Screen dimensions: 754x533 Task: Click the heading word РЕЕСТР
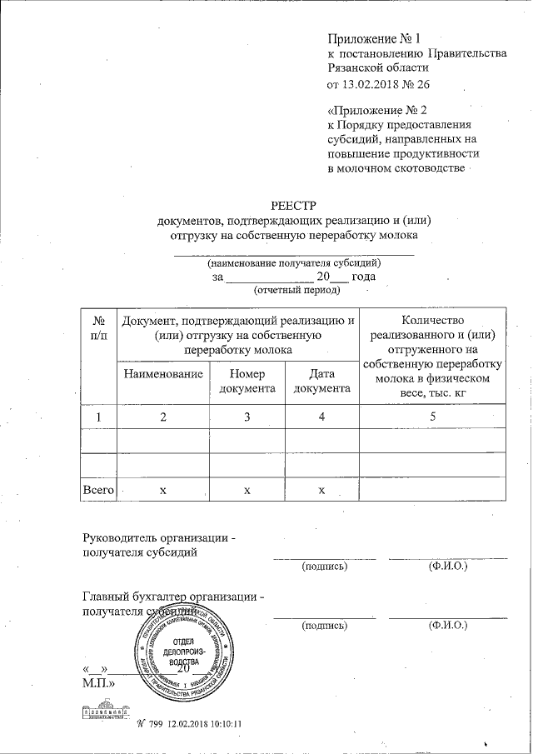pyautogui.click(x=288, y=205)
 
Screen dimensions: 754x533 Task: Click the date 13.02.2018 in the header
pyautogui.click(x=372, y=84)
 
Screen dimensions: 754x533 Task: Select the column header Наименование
pyautogui.click(x=163, y=374)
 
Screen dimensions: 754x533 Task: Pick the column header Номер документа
pyautogui.click(x=247, y=381)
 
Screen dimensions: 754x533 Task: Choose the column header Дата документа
pyautogui.click(x=321, y=381)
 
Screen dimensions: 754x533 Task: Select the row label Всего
pyautogui.click(x=98, y=490)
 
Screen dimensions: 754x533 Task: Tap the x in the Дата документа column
pyautogui.click(x=321, y=490)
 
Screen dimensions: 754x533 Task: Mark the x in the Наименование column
pyautogui.click(x=163, y=490)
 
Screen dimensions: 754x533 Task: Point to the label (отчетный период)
pyautogui.click(x=297, y=290)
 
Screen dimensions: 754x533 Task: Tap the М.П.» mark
pyautogui.click(x=99, y=683)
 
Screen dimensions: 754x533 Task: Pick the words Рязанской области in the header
pyautogui.click(x=378, y=68)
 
